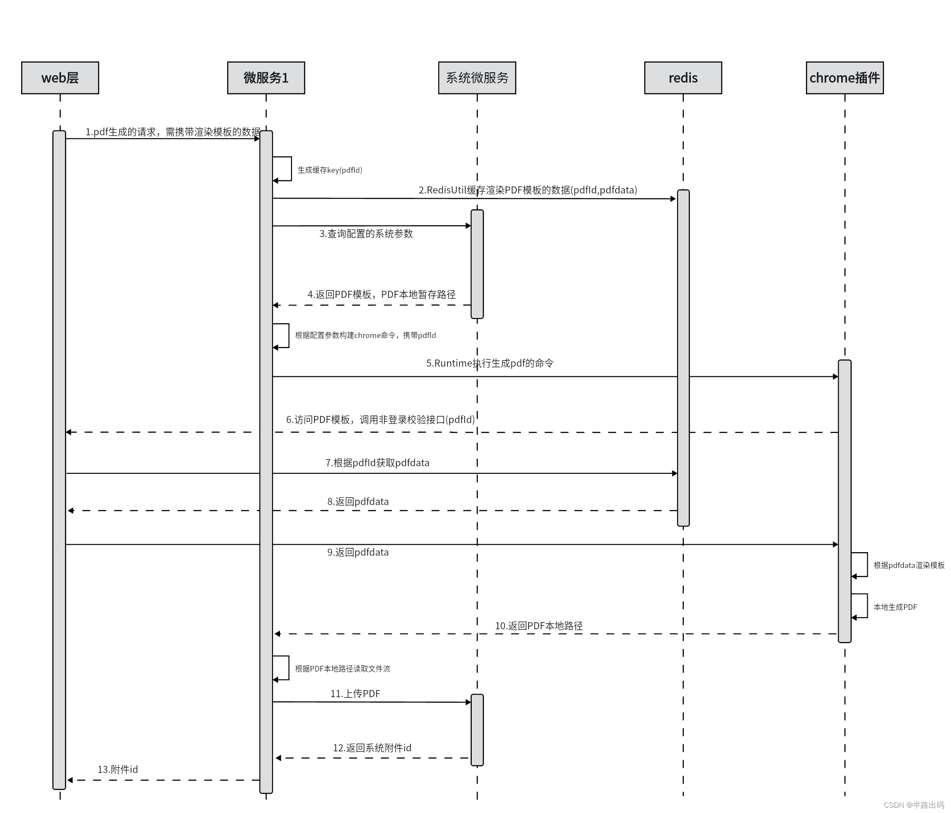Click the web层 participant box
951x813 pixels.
pos(60,78)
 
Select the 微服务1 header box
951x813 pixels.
pos(266,78)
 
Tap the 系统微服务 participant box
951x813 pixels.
pos(477,78)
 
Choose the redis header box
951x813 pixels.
pos(683,78)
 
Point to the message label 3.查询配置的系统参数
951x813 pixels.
pos(366,234)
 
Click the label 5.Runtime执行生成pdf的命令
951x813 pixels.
pos(490,364)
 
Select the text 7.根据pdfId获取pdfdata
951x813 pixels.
pos(377,463)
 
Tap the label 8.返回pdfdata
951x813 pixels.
pos(358,501)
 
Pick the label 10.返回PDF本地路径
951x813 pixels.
pos(538,626)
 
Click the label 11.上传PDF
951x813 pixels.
pos(355,694)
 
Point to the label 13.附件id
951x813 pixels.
pos(118,769)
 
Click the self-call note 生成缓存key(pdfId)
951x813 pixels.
pos(329,170)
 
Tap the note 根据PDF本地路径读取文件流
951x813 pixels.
pos(343,669)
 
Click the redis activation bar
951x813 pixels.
pos(683,358)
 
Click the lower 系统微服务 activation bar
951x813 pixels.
pos(477,730)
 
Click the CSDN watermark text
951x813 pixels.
pos(914,805)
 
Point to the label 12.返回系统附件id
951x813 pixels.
pos(372,748)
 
